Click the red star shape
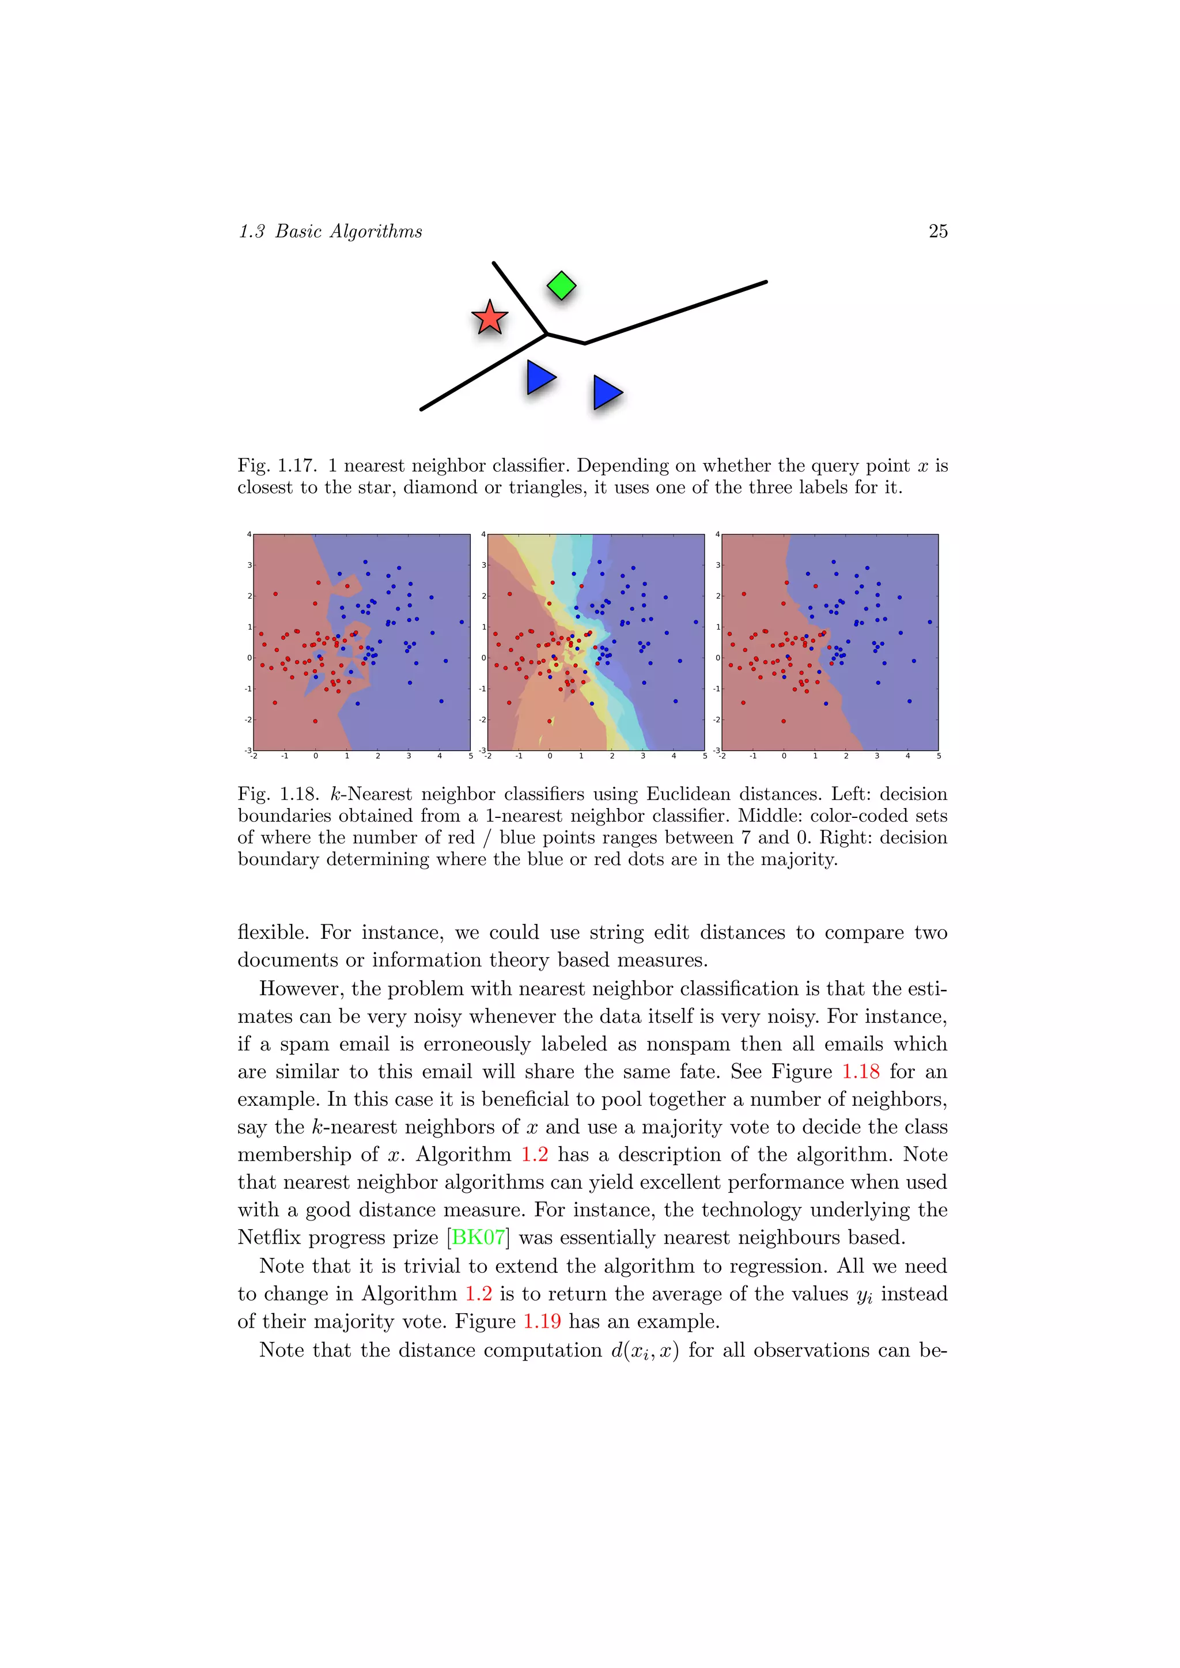tap(489, 318)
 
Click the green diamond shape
tap(561, 286)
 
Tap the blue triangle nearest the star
tap(540, 378)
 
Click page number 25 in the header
tap(937, 231)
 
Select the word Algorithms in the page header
tap(376, 231)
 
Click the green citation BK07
tap(478, 1237)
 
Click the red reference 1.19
tap(542, 1321)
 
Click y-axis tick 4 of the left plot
tap(249, 534)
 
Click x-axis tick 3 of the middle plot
tap(642, 756)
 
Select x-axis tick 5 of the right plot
tap(938, 756)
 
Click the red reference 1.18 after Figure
tap(860, 1071)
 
